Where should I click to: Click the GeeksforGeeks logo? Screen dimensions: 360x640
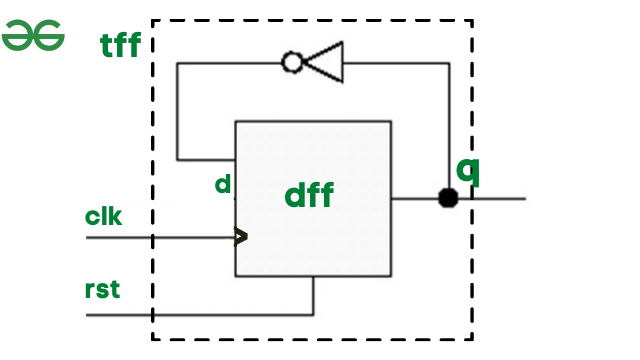(33, 37)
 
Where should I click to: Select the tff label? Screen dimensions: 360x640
(121, 45)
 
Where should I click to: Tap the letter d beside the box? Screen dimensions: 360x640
(223, 185)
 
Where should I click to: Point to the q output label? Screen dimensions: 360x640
(468, 169)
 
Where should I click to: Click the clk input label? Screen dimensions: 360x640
(104, 215)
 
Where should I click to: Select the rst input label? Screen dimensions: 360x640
(102, 291)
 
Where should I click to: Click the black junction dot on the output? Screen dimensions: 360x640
(448, 198)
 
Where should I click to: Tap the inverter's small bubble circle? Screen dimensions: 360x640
(292, 63)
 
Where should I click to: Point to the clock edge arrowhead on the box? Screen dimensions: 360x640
(241, 237)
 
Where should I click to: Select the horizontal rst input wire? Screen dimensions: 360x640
(200, 315)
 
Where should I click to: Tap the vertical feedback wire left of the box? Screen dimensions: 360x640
(177, 110)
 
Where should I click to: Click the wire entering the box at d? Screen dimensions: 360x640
(206, 159)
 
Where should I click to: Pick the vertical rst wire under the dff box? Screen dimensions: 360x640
(314, 296)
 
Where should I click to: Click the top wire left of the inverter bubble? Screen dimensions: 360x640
(230, 63)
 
